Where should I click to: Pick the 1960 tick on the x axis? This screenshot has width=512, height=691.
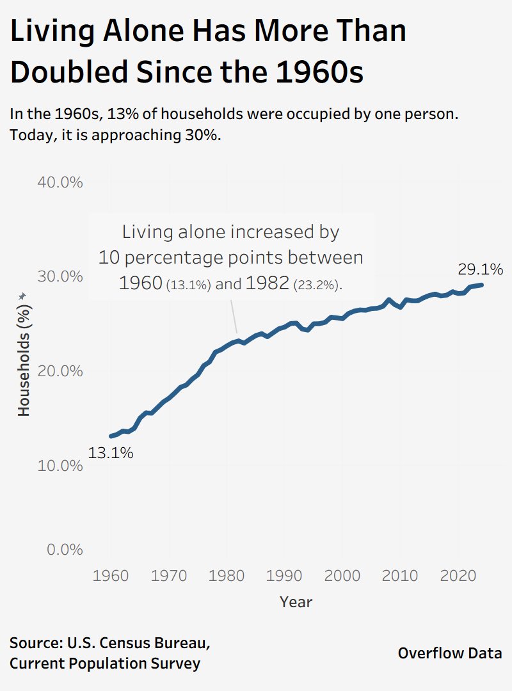pyautogui.click(x=111, y=575)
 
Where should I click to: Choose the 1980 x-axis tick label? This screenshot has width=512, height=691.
pyautogui.click(x=227, y=575)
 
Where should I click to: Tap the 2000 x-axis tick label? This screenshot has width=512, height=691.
pyautogui.click(x=343, y=575)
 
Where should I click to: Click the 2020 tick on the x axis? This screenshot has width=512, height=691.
pyautogui.click(x=458, y=575)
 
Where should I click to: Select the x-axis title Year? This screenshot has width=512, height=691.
pyautogui.click(x=296, y=602)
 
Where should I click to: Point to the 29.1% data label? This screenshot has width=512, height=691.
pyautogui.click(x=480, y=269)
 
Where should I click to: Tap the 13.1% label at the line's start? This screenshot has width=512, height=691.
pyautogui.click(x=111, y=454)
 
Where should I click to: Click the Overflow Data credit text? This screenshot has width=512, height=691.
pyautogui.click(x=450, y=653)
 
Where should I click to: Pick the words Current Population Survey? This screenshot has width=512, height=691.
pyautogui.click(x=105, y=663)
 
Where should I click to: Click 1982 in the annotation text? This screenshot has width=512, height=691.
pyautogui.click(x=266, y=283)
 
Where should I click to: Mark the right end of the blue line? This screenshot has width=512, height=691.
pyautogui.click(x=481, y=285)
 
